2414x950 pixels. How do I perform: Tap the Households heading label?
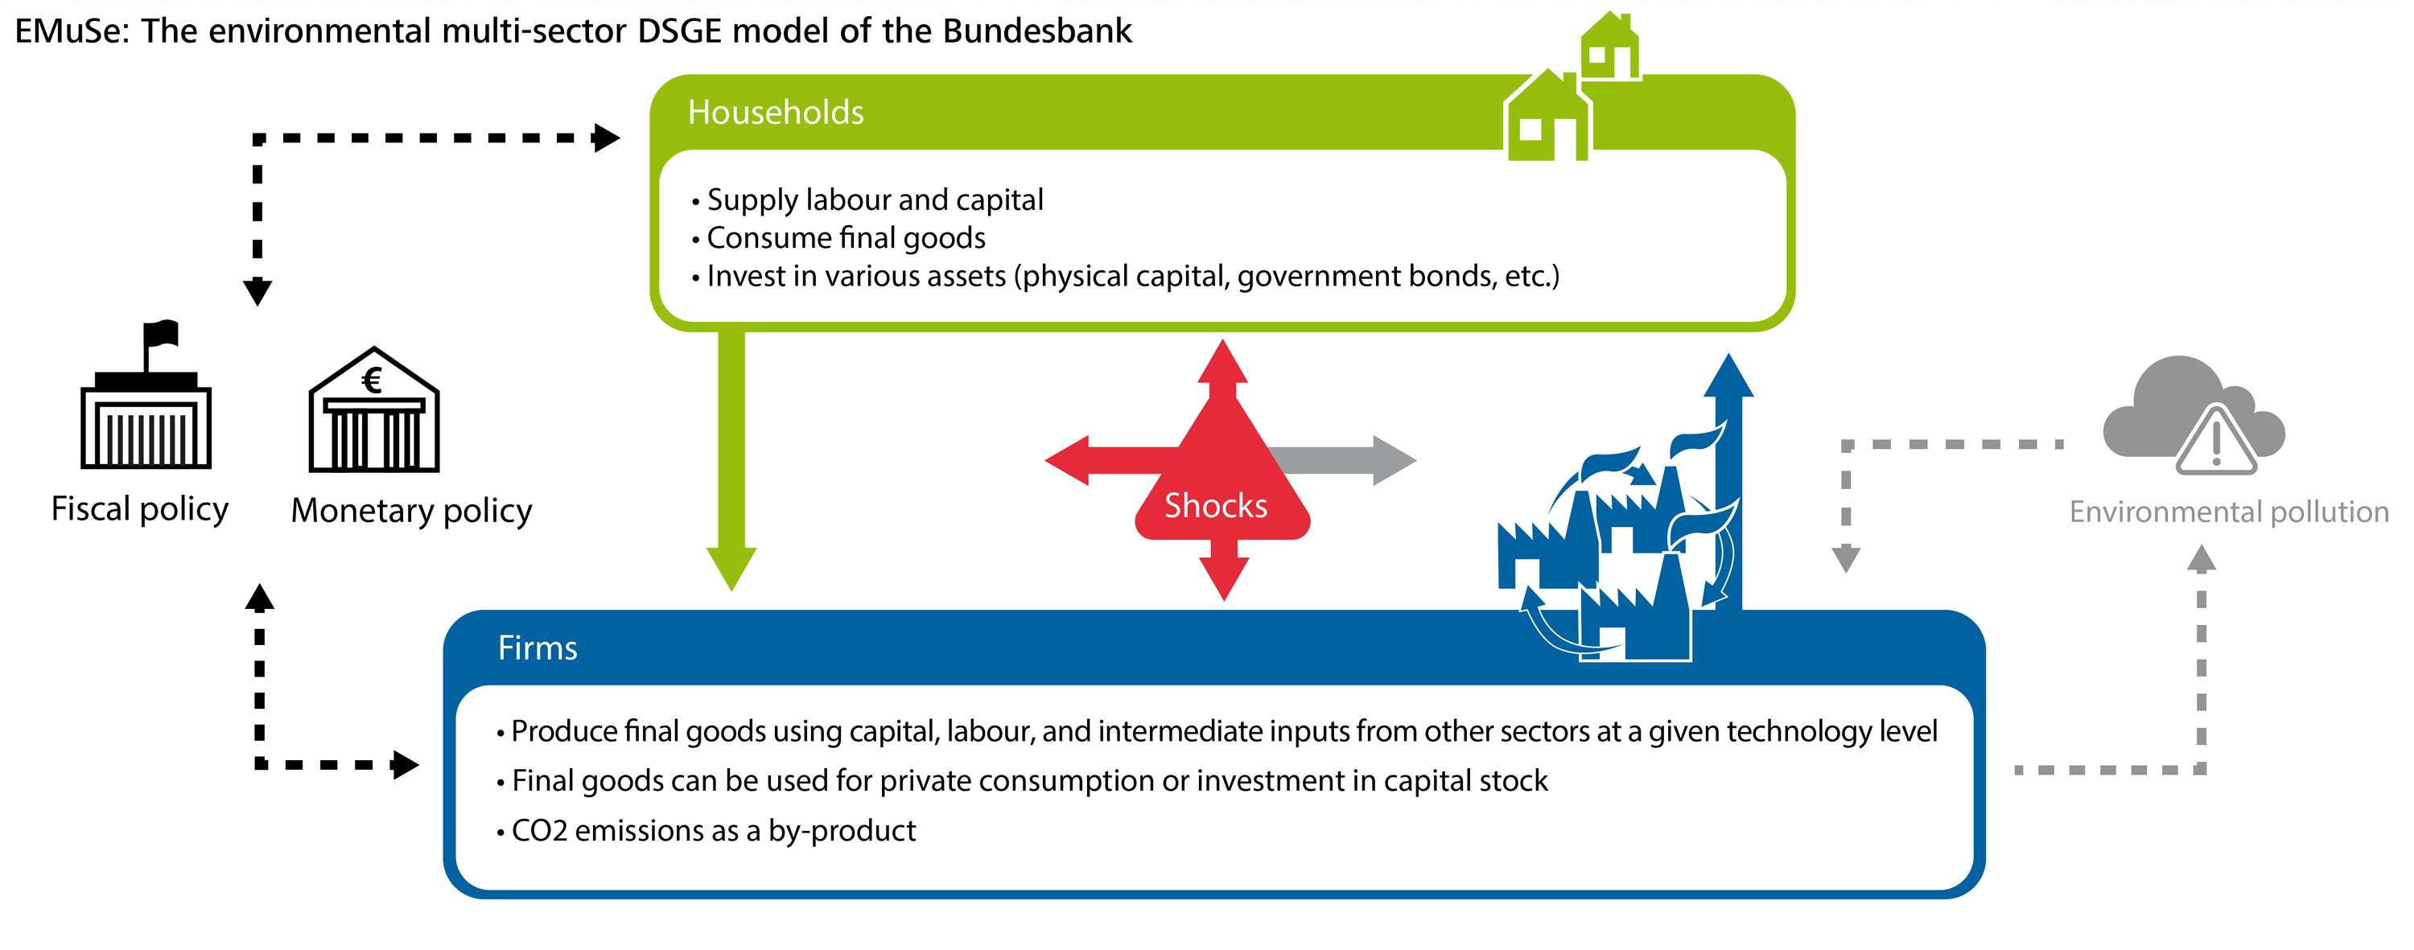(x=776, y=113)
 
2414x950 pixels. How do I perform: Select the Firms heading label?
(x=537, y=648)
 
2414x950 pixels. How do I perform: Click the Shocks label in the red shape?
(x=1215, y=506)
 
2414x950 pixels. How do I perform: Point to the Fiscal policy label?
(x=140, y=508)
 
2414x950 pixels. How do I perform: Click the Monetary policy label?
(x=411, y=511)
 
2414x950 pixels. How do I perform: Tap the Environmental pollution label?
(x=2228, y=512)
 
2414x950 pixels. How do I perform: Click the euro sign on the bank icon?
(x=372, y=380)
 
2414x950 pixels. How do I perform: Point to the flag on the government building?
(x=161, y=334)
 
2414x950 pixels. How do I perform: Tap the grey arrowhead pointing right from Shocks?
(x=1394, y=460)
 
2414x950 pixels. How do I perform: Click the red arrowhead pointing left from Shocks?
(x=1067, y=460)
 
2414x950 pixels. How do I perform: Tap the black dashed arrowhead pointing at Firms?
(x=406, y=764)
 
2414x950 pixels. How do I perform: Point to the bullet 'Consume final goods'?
(x=838, y=238)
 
